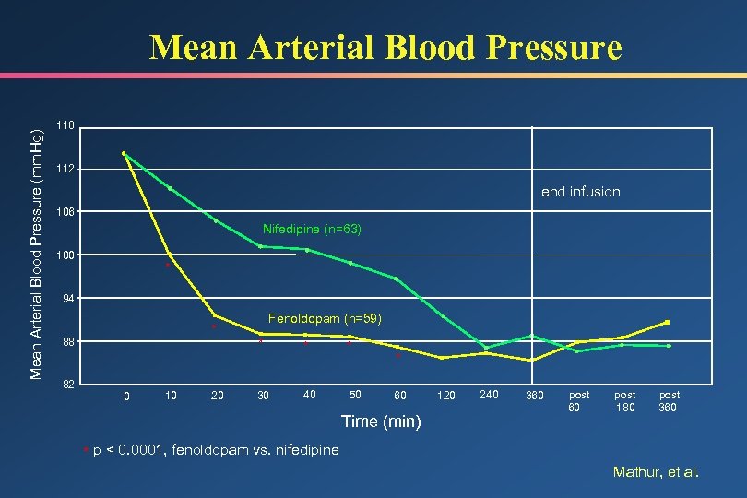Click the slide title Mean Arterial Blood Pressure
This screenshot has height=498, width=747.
[x=385, y=47]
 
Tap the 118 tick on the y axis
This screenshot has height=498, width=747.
[x=65, y=125]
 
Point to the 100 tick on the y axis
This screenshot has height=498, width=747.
[x=65, y=255]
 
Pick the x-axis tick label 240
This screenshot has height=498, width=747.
[x=489, y=395]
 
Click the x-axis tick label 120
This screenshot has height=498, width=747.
[x=445, y=396]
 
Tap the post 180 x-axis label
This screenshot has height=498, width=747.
[x=625, y=400]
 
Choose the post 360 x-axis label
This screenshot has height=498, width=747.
[x=669, y=400]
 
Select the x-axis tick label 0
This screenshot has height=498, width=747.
[x=126, y=397]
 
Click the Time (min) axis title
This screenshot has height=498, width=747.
[x=382, y=421]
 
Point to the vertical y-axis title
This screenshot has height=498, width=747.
[x=38, y=254]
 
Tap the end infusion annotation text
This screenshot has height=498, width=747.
[x=580, y=192]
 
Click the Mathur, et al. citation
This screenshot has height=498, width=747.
[x=657, y=472]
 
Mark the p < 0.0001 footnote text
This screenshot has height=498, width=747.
[x=215, y=450]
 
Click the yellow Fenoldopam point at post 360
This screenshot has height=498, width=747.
[x=667, y=322]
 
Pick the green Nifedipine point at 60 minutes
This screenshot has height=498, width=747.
[x=396, y=279]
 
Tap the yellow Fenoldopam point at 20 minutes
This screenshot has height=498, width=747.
[x=216, y=315]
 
